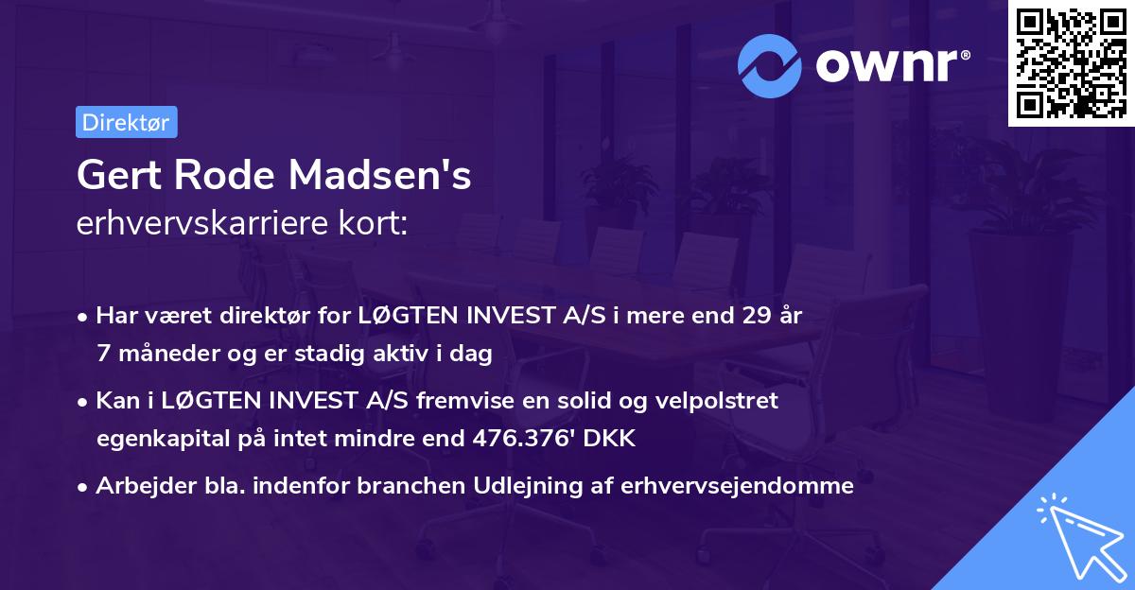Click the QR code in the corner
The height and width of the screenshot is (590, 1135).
[1071, 62]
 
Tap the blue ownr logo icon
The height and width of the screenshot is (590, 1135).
[771, 64]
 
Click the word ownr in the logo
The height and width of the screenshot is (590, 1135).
[892, 64]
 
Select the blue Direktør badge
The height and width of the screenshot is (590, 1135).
[126, 122]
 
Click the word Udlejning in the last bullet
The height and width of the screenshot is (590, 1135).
[534, 486]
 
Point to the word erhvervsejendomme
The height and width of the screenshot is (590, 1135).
[738, 486]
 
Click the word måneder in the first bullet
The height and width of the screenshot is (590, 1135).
[158, 354]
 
